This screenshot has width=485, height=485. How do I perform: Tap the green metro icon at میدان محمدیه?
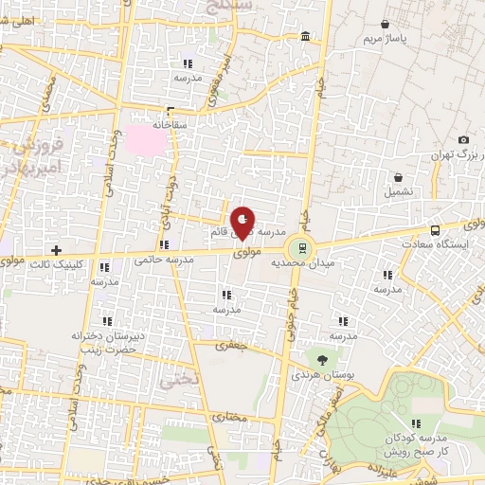click(302, 248)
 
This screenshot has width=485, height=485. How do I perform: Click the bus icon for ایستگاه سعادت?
click(435, 229)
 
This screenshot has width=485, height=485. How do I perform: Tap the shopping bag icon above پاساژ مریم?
click(385, 24)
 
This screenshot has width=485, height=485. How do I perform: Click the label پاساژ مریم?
click(386, 40)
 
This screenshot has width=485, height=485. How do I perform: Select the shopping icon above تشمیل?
click(398, 176)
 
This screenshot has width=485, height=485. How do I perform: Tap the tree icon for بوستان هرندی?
click(322, 360)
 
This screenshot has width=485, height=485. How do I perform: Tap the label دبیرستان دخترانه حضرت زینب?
click(105, 341)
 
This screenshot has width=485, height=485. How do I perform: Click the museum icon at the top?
click(304, 37)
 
